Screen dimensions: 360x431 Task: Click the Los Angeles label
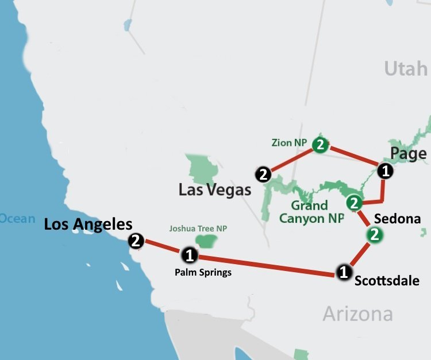click(88, 224)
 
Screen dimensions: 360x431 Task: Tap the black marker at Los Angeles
click(136, 241)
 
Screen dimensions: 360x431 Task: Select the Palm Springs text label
click(203, 272)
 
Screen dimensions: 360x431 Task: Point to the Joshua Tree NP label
click(198, 229)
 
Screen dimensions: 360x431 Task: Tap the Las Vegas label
click(215, 189)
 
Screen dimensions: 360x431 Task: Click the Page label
click(408, 153)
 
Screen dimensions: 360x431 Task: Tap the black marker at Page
click(385, 170)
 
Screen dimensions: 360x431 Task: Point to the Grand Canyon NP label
click(311, 212)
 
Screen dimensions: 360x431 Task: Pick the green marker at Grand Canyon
click(354, 203)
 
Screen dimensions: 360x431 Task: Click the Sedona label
click(397, 219)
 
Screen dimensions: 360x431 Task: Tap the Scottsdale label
click(387, 281)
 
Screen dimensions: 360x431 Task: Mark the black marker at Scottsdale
click(343, 272)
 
